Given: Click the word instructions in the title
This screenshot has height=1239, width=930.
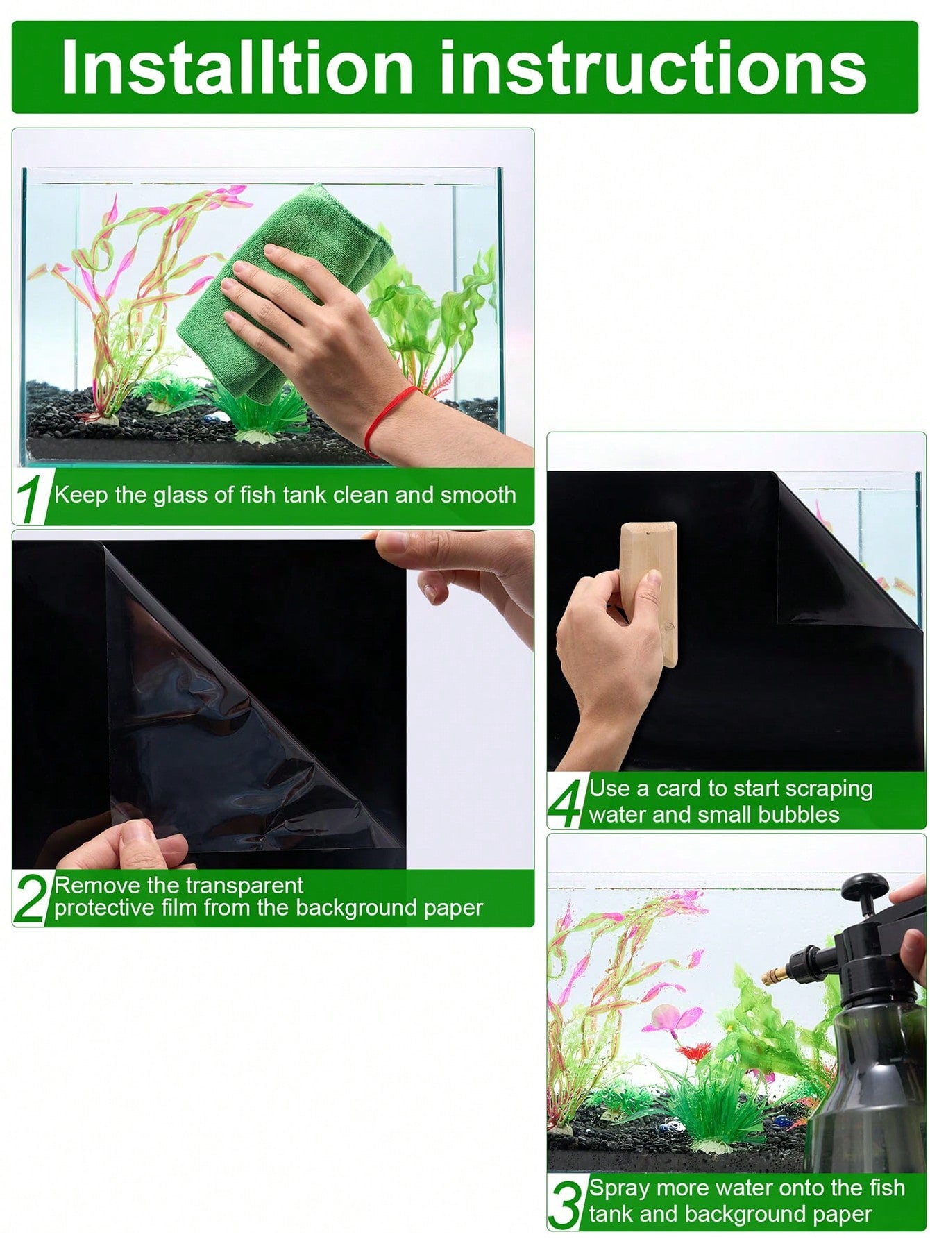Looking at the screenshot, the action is point(653,67).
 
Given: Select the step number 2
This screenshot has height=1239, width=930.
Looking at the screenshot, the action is point(32,899).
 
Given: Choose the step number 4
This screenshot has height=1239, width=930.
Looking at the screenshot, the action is point(566,802).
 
